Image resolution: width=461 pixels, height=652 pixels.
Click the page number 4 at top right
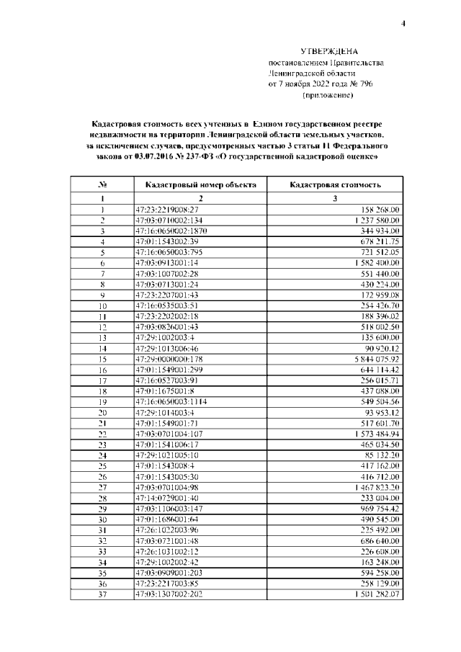pyautogui.click(x=403, y=24)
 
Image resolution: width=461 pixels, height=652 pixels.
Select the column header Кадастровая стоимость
pyautogui.click(x=335, y=185)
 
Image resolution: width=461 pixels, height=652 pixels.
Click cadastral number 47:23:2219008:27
pyautogui.click(x=167, y=209)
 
